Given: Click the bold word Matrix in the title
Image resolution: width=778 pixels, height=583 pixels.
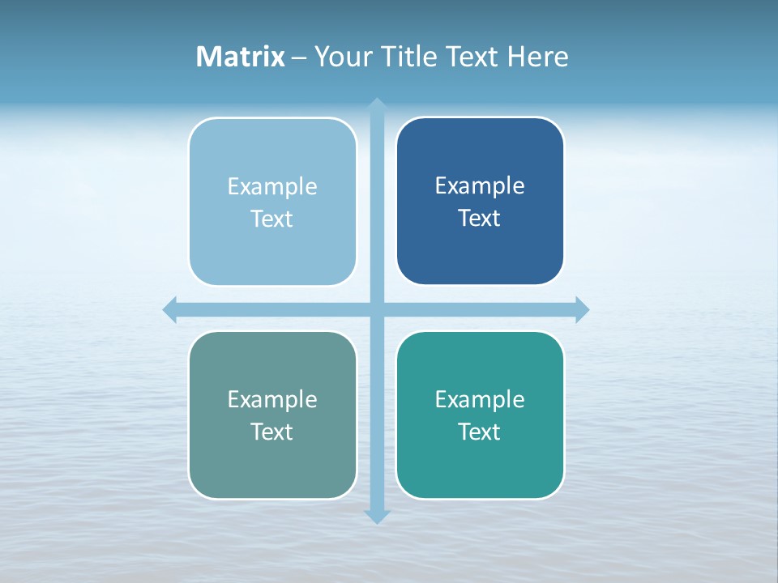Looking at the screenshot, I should pos(241,57).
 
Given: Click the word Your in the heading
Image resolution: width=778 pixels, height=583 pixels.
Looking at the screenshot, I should pos(344,57).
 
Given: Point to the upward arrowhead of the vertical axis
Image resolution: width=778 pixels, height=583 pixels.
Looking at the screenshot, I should pos(377,104).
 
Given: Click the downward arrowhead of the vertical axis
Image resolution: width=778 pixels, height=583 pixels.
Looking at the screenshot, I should pos(377,516).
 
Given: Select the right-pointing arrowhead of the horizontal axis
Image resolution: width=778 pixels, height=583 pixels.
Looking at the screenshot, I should pos(582,309).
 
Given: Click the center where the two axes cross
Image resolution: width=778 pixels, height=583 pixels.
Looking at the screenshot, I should pos(377,309).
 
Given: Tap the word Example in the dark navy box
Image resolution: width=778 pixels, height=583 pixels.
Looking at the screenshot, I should pos(480,186).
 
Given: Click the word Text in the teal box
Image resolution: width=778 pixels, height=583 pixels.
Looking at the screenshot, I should pos(480,432).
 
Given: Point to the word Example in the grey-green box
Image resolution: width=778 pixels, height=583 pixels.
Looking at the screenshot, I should pos(272,400).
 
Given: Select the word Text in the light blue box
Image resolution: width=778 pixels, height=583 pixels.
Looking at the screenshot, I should pos(272,219).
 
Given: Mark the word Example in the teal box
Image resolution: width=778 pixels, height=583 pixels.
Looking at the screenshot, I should pos(480,400).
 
